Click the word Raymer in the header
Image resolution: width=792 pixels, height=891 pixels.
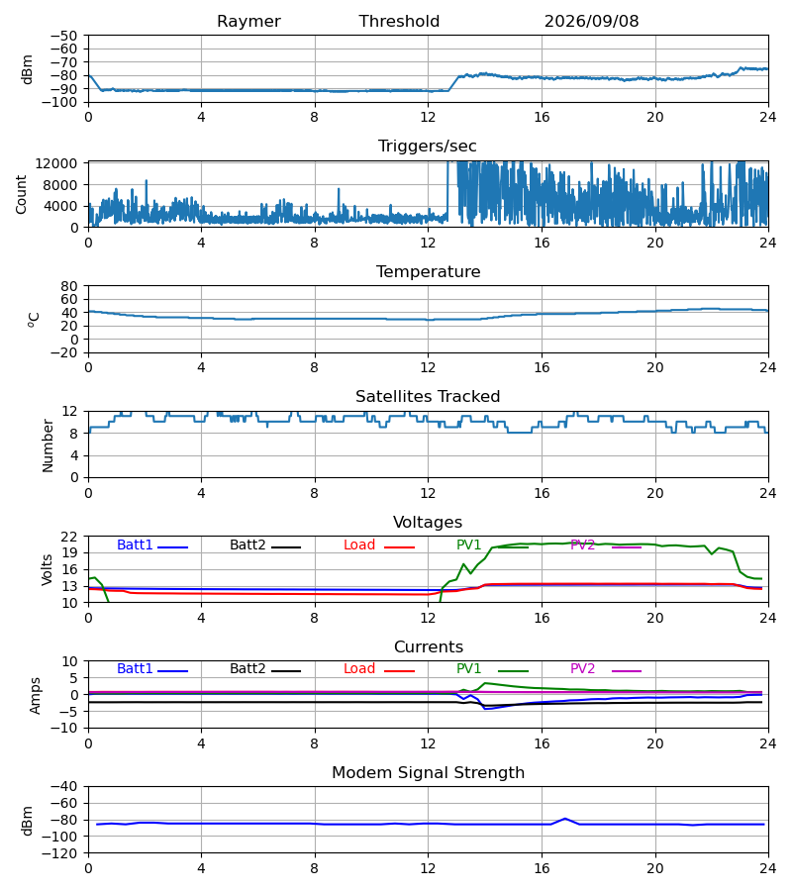(x=248, y=22)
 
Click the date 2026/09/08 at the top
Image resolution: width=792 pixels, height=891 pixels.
(x=591, y=22)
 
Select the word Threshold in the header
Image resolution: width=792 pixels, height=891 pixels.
(x=399, y=22)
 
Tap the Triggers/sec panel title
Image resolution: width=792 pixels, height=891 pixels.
(x=428, y=147)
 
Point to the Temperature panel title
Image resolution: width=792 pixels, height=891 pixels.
(x=428, y=271)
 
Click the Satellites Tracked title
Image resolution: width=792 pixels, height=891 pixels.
(x=428, y=397)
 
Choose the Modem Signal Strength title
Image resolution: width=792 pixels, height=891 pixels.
(x=428, y=773)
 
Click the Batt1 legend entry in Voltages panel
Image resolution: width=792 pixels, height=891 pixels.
(x=152, y=545)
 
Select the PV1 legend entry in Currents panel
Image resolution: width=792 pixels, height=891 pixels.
(x=492, y=669)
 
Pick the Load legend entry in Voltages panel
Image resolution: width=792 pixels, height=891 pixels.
(x=379, y=545)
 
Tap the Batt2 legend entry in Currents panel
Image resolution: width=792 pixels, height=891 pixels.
(x=265, y=669)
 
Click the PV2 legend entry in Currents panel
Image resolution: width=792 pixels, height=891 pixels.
(x=606, y=669)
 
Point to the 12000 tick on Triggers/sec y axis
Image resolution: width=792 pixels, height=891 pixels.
(x=56, y=163)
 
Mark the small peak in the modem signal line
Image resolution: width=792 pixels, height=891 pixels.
(x=565, y=819)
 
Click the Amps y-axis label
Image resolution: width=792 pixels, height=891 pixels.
(x=36, y=696)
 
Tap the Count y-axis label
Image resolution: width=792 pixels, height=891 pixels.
(x=21, y=194)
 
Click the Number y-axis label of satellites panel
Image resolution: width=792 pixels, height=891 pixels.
(x=48, y=445)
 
